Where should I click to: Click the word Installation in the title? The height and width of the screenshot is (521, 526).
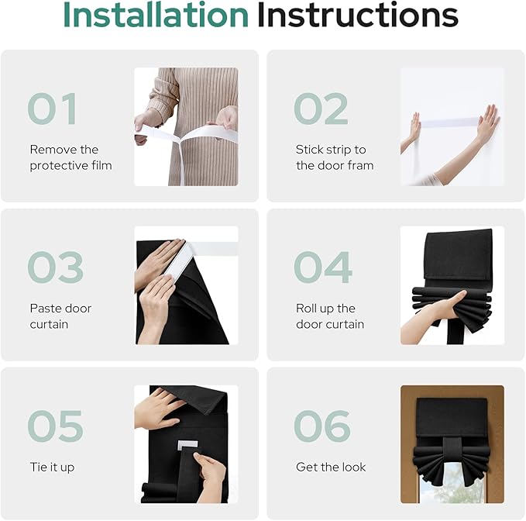pos(156,15)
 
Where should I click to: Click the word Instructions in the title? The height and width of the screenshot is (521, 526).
pos(358,15)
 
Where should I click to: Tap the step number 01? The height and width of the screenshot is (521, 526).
pos(53,109)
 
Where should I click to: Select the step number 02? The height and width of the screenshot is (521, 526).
pos(321,109)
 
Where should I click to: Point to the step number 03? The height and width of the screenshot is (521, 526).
pos(55,267)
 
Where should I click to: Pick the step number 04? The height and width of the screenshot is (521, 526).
pos(323,267)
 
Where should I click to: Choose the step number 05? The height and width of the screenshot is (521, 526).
pos(55,426)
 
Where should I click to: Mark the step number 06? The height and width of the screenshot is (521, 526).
pos(322,426)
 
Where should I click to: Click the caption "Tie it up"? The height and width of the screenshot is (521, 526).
pos(52,468)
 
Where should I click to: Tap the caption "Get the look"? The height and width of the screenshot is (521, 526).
pos(331,467)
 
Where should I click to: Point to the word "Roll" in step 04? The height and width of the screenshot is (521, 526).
pos(303,309)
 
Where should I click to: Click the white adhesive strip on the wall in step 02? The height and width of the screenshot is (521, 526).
pos(449,122)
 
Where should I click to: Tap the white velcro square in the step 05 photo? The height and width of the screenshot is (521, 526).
pos(187,445)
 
